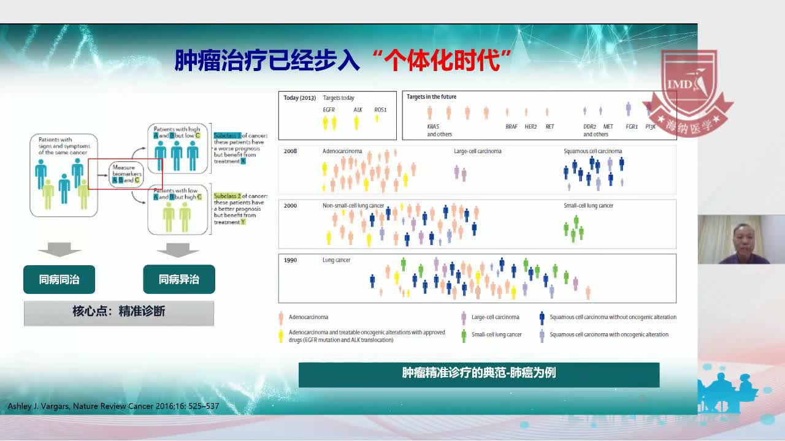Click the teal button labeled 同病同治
(59, 279)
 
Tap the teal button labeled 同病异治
(178, 279)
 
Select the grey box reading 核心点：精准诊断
(119, 312)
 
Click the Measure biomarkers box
(127, 174)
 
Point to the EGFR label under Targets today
(329, 110)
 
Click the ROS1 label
(380, 110)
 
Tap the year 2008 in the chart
(290, 151)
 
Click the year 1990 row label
(290, 260)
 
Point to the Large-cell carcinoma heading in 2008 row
(477, 151)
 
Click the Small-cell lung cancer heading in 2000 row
(588, 206)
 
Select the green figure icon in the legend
(464, 335)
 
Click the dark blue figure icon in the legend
(542, 317)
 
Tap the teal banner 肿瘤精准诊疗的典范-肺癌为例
(478, 373)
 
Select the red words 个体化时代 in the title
(442, 61)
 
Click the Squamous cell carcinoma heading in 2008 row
(592, 151)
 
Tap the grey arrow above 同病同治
(59, 250)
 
